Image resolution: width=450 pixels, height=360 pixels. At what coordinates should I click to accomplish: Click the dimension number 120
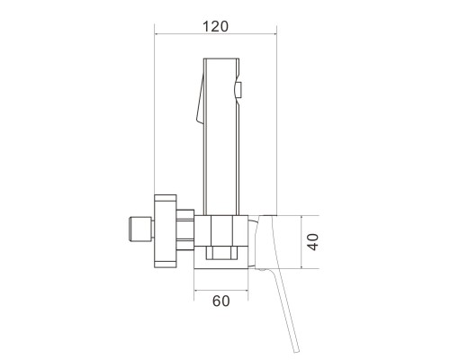[x=215, y=26]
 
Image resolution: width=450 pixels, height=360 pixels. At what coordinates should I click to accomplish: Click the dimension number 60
[x=221, y=301]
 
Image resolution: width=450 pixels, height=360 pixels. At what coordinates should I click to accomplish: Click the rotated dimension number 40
[x=313, y=242]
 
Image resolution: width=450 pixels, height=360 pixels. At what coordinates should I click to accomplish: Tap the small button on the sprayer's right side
[x=239, y=90]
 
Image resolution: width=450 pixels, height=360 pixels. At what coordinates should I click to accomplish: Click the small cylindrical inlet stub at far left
[x=140, y=229]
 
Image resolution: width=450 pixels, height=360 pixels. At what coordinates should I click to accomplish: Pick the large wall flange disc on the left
[x=165, y=231]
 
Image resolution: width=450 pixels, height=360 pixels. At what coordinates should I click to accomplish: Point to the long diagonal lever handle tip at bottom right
[x=296, y=350]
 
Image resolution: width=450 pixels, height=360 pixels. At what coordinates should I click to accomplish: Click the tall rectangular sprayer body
[x=221, y=137]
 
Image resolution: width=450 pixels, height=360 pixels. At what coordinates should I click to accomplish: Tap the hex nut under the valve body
[x=221, y=253]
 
